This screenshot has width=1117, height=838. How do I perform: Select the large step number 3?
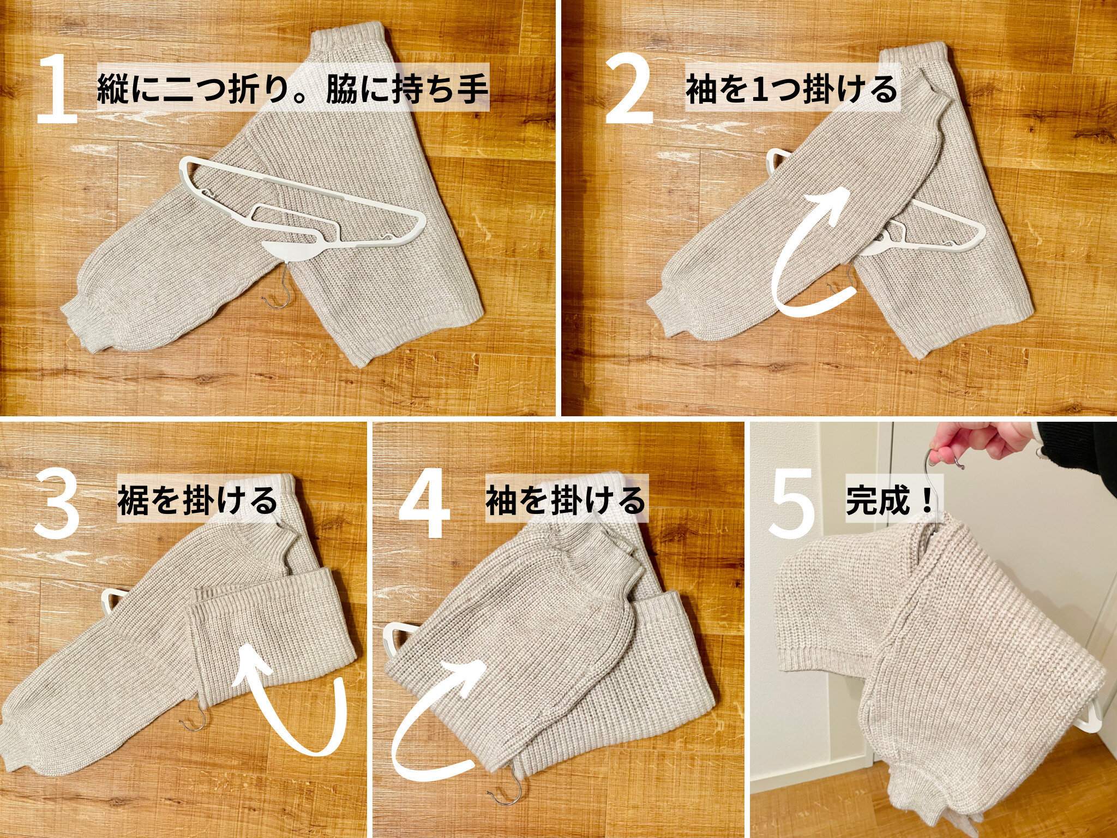click(x=57, y=504)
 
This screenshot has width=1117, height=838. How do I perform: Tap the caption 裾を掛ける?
click(x=197, y=501)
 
